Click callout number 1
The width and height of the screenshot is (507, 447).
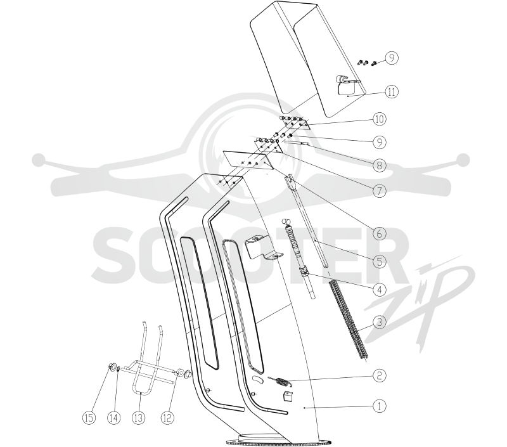point(379,406)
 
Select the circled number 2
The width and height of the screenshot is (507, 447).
point(379,375)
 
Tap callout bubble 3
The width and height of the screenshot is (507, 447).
point(379,322)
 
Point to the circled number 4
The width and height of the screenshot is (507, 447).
point(379,290)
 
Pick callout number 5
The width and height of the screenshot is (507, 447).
point(379,261)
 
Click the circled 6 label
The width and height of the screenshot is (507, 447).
point(379,233)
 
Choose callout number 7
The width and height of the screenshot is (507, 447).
point(379,190)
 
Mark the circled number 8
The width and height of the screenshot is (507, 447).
point(379,165)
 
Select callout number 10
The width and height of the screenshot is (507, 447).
point(379,119)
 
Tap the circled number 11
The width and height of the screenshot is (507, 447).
point(391,92)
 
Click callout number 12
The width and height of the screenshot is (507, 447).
point(167,418)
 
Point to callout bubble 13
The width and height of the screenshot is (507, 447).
point(138,418)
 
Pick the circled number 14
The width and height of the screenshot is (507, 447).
point(113,418)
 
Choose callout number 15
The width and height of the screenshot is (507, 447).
point(89,418)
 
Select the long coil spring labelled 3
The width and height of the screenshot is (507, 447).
point(348,320)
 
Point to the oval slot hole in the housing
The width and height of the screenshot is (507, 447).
point(258,380)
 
